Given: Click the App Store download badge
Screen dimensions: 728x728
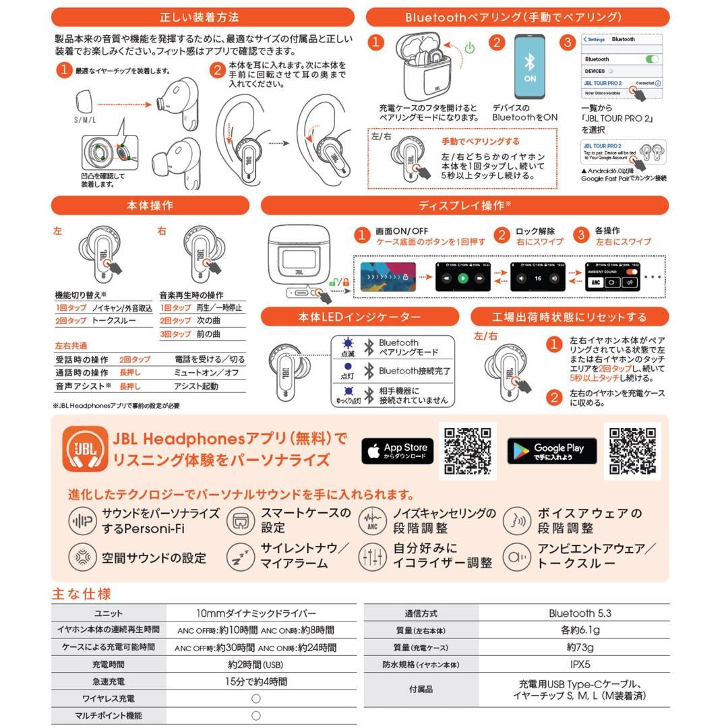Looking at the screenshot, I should coord(398,451).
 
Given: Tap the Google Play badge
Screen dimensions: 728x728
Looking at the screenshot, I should coord(551,451).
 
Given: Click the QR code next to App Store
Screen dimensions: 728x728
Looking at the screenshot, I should coord(467,451).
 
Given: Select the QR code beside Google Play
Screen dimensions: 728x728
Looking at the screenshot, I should coord(632,450).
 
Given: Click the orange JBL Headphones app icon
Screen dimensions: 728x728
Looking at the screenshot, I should coord(85,450).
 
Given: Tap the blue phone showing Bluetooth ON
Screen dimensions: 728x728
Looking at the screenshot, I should coord(530,67).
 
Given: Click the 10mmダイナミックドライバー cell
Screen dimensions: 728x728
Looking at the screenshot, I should coord(256,613).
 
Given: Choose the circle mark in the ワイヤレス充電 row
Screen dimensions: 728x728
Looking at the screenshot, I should coord(256,698).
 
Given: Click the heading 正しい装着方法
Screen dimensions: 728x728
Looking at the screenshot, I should coord(202,17).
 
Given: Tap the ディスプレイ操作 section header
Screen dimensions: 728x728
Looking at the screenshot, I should coord(464,205).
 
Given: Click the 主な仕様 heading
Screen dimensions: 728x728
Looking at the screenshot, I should coord(82,594).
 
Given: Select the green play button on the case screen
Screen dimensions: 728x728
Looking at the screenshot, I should coord(462,278).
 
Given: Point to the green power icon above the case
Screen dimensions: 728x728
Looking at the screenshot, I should coord(470,48).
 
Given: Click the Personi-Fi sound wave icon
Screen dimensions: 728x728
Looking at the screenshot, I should coord(82,521).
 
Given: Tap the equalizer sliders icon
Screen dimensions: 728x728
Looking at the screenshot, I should coord(372,557).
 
